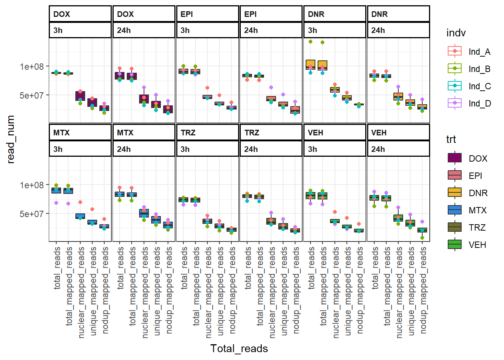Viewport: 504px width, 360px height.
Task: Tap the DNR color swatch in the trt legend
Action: point(454,192)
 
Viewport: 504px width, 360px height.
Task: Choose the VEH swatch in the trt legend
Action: point(454,244)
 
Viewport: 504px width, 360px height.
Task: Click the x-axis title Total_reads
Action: point(239,348)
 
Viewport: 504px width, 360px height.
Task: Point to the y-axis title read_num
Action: point(10,139)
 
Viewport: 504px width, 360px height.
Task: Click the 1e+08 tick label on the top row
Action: point(31,66)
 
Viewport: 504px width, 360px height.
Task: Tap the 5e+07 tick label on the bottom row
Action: point(31,213)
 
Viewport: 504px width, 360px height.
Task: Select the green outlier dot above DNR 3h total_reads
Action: point(310,42)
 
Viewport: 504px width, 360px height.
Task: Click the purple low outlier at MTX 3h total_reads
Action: point(56,203)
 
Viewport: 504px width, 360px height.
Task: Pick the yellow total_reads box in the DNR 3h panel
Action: point(310,64)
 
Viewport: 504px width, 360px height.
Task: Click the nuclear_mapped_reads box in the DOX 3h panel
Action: point(80,96)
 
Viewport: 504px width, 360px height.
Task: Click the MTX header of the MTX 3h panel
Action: point(61,133)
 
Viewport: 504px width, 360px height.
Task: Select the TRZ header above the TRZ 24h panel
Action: point(252,133)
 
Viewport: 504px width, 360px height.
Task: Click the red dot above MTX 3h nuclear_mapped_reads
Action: point(80,202)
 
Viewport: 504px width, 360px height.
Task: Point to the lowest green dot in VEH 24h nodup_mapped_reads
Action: point(422,238)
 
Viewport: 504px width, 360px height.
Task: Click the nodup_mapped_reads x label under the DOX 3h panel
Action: point(105,290)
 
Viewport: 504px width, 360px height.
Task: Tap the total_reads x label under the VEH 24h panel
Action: point(375,268)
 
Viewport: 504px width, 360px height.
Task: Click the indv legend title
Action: point(456,33)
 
